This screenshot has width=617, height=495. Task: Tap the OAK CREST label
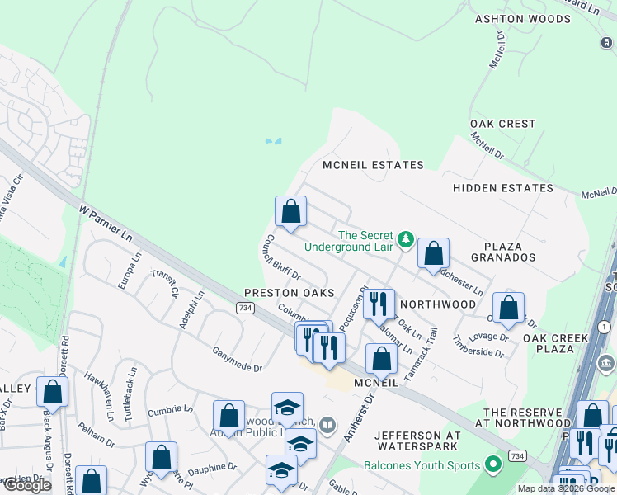(503, 124)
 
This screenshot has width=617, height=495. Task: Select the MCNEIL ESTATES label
(373, 165)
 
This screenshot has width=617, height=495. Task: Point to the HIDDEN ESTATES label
(503, 188)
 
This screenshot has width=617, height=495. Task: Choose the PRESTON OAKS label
(289, 293)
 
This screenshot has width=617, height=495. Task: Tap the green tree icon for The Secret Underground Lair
(405, 239)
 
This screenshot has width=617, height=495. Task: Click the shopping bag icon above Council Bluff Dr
(290, 211)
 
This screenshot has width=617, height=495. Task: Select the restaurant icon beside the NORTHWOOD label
(379, 304)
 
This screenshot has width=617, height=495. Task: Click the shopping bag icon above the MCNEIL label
(381, 359)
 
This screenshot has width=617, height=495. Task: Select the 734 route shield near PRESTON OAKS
(244, 308)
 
